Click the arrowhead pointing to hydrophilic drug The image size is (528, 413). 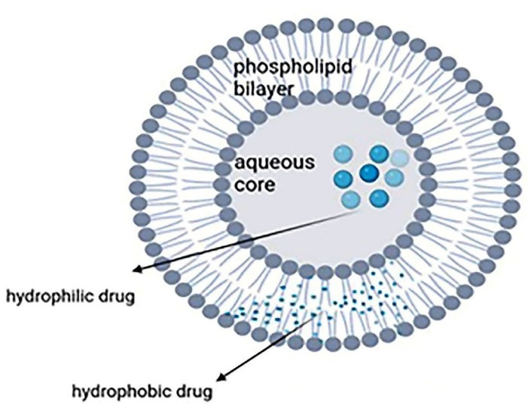click(136, 270)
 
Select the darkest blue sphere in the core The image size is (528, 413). click(368, 174)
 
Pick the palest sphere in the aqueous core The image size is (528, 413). click(400, 159)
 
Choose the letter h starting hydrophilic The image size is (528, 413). click(10, 295)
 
